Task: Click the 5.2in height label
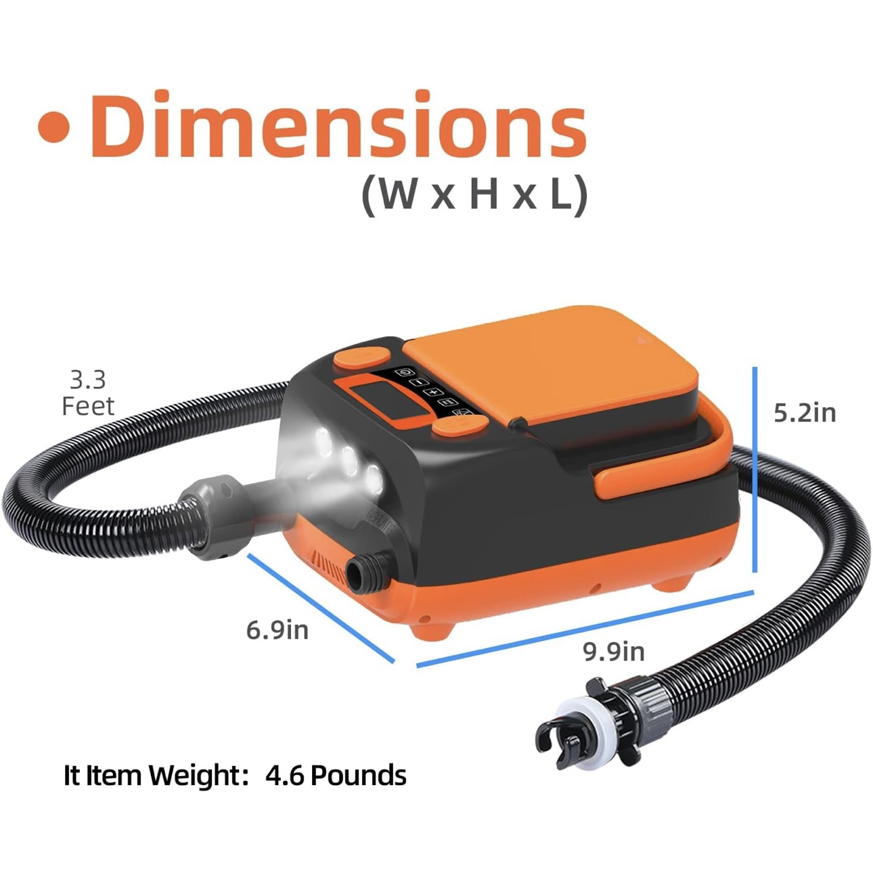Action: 805,413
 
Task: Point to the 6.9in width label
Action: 277,630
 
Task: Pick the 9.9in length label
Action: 613,652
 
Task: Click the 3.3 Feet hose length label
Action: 88,393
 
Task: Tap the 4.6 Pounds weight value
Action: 336,775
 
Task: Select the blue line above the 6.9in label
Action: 321,608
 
